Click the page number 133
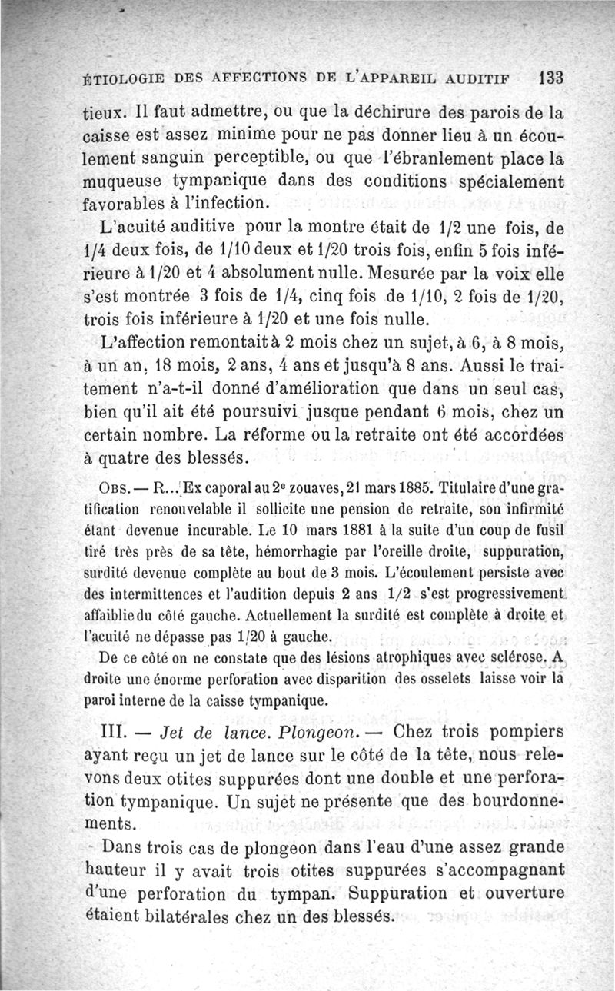552,78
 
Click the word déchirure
397,111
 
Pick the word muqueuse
123,184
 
